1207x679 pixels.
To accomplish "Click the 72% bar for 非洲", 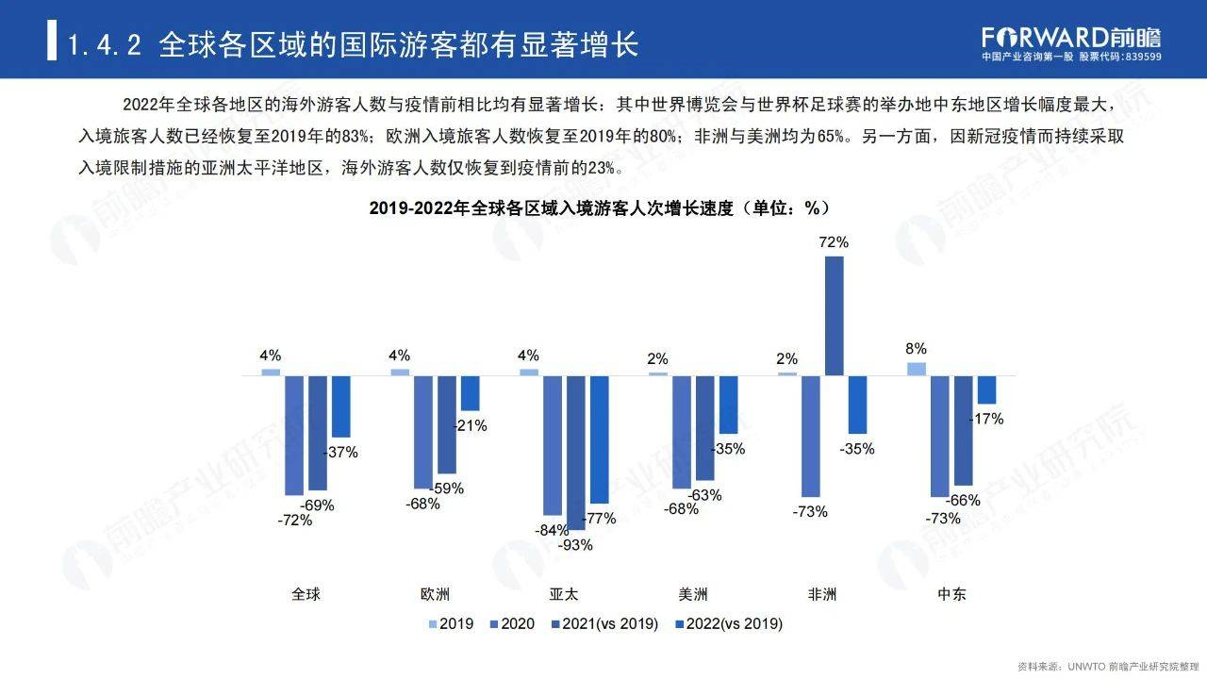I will click(834, 315).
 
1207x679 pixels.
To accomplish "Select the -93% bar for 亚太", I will click(576, 453).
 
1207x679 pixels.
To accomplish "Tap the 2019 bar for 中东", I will click(916, 369).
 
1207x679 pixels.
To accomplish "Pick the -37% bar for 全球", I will click(340, 406).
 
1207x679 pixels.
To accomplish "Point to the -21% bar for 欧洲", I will click(470, 392).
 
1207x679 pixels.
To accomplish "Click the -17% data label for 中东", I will click(986, 419).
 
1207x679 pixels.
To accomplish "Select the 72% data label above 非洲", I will click(834, 242).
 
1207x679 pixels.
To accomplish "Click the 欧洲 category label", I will click(435, 594).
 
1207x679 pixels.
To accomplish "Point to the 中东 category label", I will click(951, 594).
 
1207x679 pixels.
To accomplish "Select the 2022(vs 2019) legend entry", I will click(728, 623).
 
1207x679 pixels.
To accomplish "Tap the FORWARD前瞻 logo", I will click(1071, 36).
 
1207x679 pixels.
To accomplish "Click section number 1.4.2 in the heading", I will click(105, 44).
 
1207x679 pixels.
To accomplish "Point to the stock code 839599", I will click(1144, 57).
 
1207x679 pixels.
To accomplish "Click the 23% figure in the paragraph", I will click(600, 168).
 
